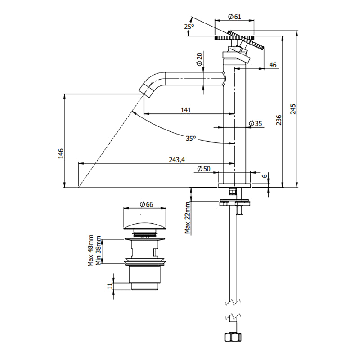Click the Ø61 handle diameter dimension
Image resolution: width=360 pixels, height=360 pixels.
[235, 17]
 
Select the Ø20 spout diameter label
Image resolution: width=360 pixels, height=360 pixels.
[199, 59]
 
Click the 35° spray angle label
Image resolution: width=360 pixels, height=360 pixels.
[191, 139]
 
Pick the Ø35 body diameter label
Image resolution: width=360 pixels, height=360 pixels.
[255, 124]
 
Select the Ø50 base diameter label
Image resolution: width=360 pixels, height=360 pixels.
[204, 169]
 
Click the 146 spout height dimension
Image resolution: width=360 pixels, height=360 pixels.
[60, 153]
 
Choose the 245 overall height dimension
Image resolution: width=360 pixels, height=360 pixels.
[293, 109]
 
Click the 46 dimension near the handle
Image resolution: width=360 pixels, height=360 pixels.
[273, 65]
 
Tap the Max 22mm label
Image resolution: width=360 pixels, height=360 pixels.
[188, 218]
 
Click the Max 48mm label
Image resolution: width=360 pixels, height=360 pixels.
[91, 250]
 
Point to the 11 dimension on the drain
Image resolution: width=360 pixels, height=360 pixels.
[110, 285]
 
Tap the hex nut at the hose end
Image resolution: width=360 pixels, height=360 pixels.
[233, 337]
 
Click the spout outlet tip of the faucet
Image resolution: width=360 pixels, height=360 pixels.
[145, 89]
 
